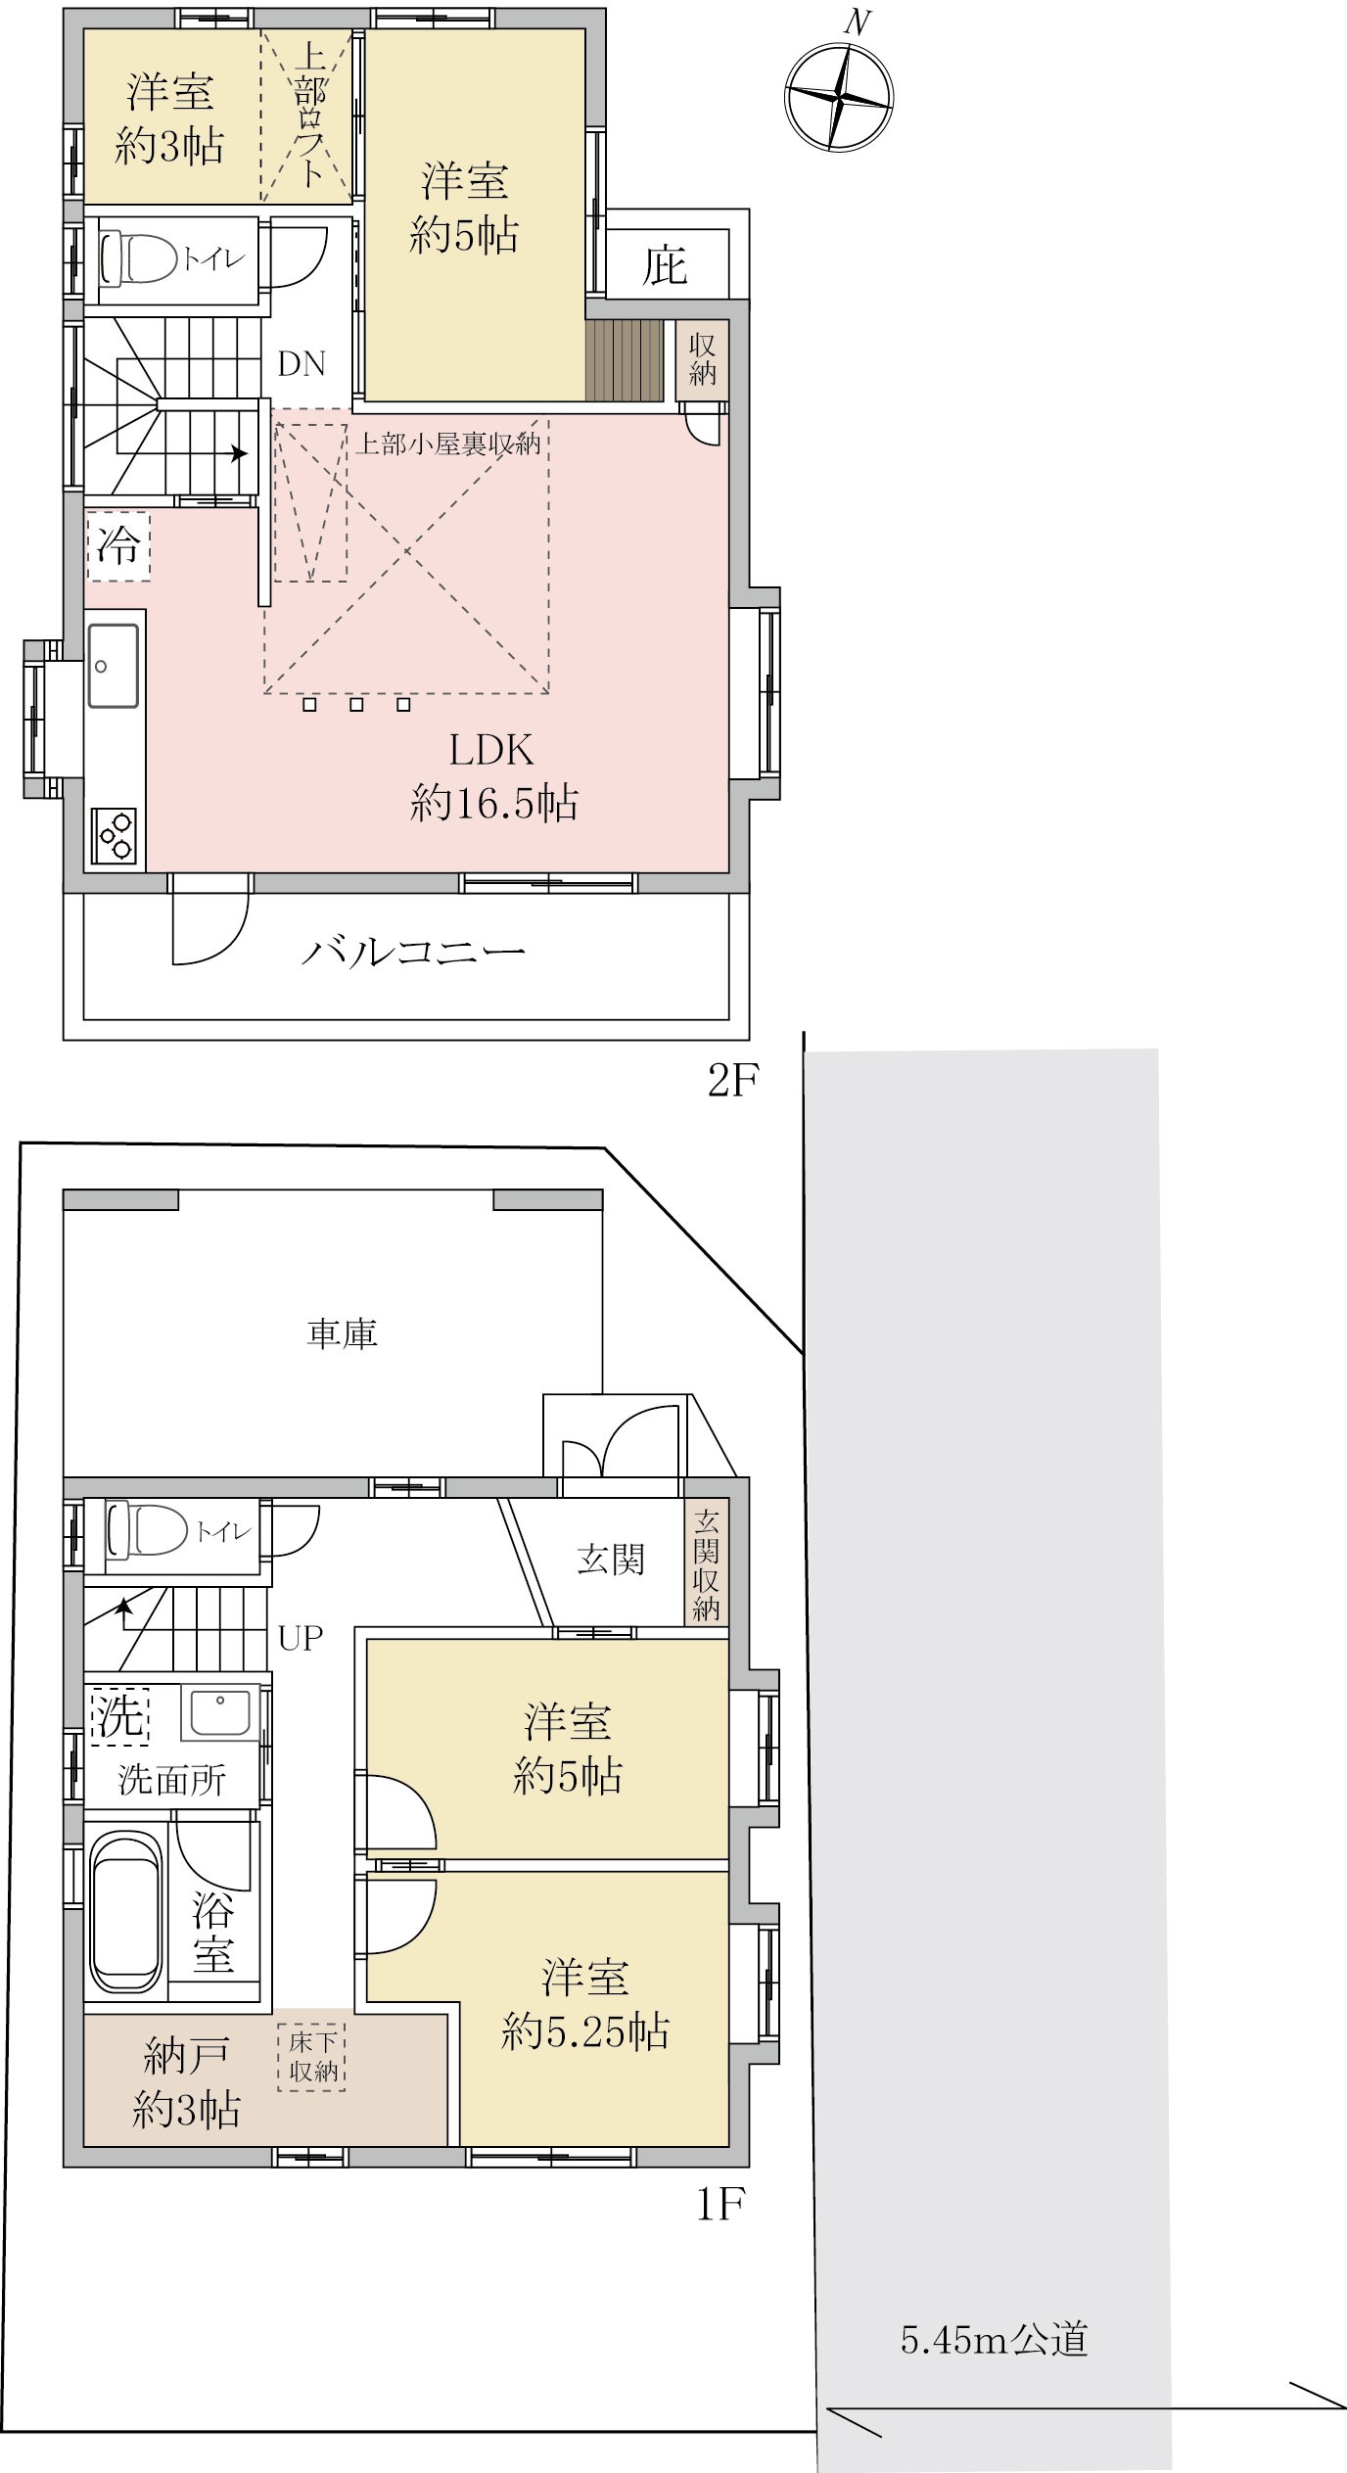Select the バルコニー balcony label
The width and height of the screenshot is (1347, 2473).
tap(413, 952)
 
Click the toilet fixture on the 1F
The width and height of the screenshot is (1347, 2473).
tap(148, 1530)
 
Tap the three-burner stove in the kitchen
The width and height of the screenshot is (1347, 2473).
tap(114, 834)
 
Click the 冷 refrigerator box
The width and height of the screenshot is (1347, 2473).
tap(118, 544)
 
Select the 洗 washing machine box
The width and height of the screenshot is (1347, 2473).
tap(119, 1717)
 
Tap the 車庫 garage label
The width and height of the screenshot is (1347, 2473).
tap(342, 1332)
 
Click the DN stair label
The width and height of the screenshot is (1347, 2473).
tap(302, 364)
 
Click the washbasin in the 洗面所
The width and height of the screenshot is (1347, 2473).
tap(219, 1712)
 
